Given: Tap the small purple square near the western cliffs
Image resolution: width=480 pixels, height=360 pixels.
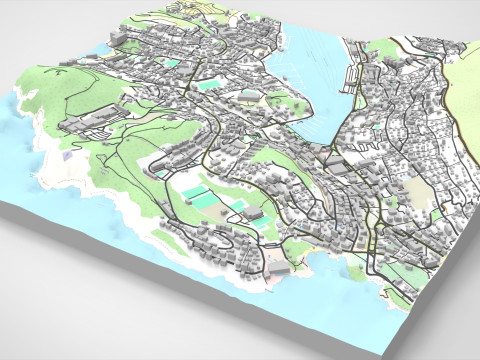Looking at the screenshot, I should point(67,156).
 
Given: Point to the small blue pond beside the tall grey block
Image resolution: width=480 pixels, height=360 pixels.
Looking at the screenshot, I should point(207,86).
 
